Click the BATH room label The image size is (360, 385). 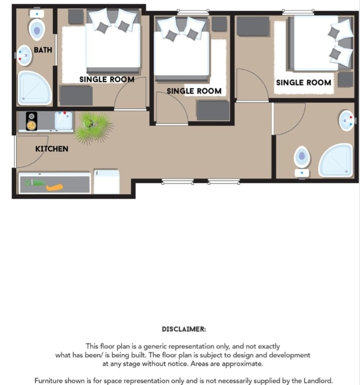tap(43, 50)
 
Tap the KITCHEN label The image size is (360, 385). tap(51, 149)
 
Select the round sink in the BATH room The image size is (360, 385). tap(24, 55)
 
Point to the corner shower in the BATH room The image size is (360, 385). tap(34, 88)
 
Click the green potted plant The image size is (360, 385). tap(94, 127)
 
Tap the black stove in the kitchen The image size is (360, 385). tap(31, 121)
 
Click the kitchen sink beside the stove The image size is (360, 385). tap(63, 120)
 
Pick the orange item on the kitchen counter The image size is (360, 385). tap(54, 187)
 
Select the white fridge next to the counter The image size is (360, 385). tap(106, 182)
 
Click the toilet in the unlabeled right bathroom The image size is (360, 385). tap(302, 161)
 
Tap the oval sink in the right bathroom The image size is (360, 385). tap(346, 120)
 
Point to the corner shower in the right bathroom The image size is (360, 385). tap(336, 160)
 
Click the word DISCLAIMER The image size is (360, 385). tap(184, 329)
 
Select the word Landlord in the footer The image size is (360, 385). tap(318, 380)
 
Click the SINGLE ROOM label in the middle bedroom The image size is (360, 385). tap(194, 91)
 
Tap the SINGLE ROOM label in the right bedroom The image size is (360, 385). tap(303, 82)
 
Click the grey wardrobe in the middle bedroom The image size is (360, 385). tap(213, 110)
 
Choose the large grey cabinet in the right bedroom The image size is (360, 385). tap(252, 26)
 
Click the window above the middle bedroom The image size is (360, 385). tap(193, 11)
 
